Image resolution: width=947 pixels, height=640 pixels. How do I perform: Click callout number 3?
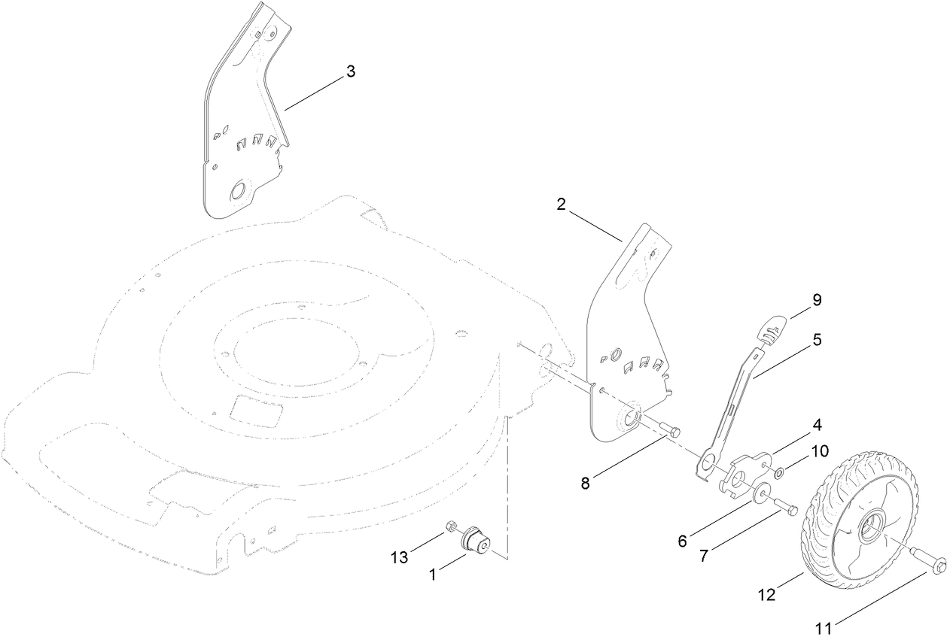tap(350, 71)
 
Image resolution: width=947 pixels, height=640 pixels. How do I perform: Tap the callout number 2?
tap(562, 205)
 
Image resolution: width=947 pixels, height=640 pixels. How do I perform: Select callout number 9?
tap(816, 300)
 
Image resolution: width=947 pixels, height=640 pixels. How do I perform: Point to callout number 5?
tap(816, 339)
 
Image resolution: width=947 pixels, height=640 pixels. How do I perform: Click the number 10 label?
tap(819, 451)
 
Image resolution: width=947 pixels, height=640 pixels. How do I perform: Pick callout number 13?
tap(399, 557)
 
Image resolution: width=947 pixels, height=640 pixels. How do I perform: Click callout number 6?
tap(682, 540)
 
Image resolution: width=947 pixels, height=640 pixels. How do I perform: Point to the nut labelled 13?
tap(452, 525)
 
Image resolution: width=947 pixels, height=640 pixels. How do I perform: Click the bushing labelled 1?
tap(477, 540)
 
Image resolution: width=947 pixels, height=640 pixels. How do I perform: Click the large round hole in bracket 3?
tap(238, 191)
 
